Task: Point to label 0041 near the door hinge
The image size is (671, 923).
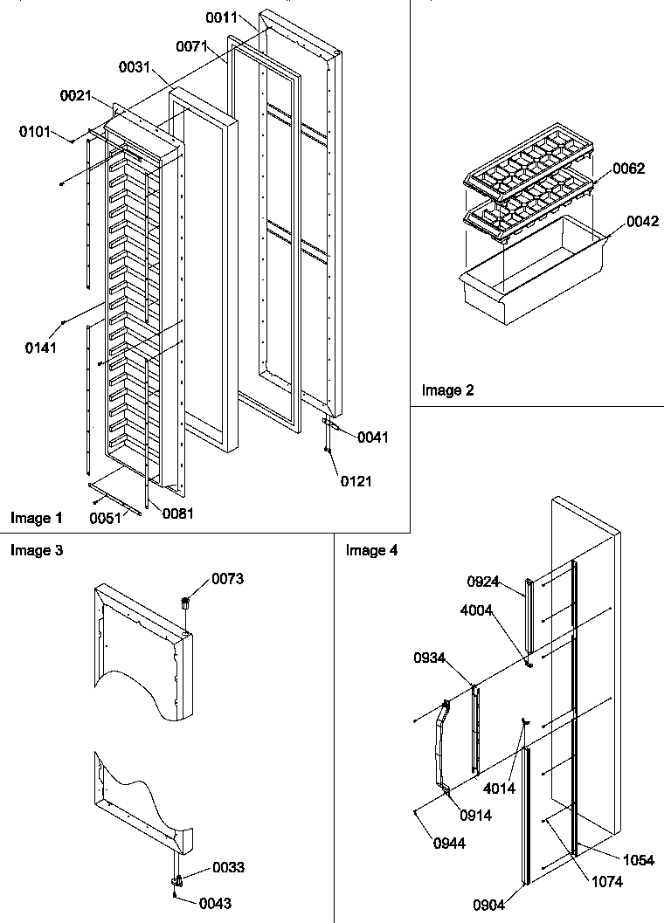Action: (x=373, y=437)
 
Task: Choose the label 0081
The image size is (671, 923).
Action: (x=177, y=513)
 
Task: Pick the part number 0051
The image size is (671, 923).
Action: (x=106, y=517)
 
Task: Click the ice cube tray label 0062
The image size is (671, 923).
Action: (x=628, y=169)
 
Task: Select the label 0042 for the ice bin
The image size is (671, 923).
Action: (x=643, y=223)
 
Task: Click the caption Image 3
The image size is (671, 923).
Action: (x=36, y=550)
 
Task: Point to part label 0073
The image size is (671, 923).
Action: (x=227, y=579)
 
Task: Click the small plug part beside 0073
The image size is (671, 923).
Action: (x=185, y=603)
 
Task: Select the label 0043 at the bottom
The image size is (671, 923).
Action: (x=214, y=903)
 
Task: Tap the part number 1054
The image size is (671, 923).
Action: (x=639, y=860)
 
